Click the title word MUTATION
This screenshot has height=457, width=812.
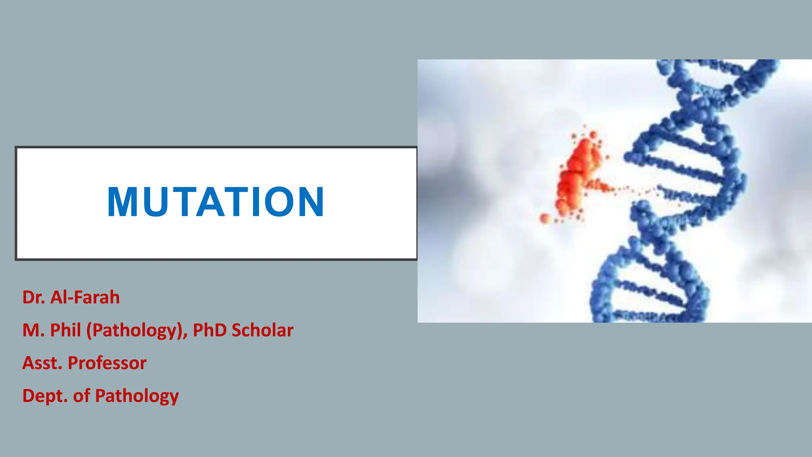tap(216, 202)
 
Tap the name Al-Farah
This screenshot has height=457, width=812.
tap(85, 298)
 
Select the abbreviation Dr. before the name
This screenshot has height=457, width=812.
tap(33, 298)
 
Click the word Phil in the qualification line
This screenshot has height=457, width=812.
tap(65, 330)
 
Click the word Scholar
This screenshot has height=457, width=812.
tap(262, 330)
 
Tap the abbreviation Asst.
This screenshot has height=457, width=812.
tap(42, 363)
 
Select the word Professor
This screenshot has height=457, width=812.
tap(107, 363)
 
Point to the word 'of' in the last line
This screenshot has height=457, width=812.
tap(81, 396)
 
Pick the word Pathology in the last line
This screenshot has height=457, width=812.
tap(137, 396)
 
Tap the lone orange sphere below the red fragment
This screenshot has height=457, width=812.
tap(545, 218)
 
